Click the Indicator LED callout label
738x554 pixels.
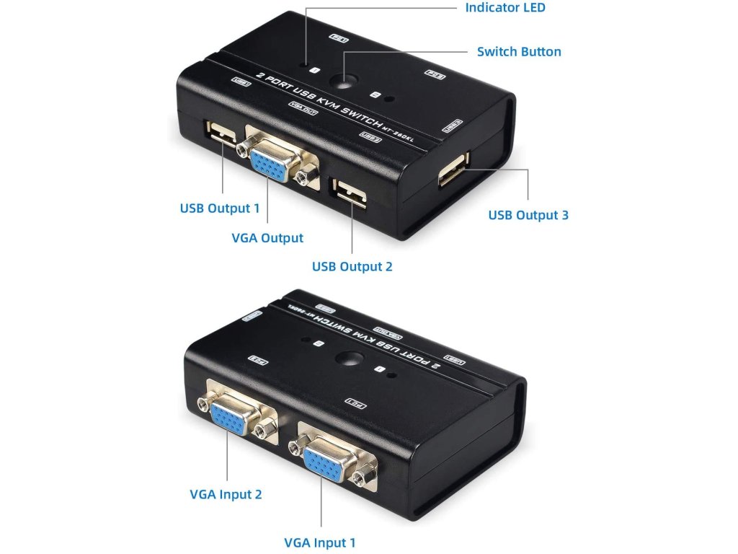pos(504,8)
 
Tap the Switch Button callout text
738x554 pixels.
pos(519,52)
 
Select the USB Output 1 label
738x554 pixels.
pos(219,208)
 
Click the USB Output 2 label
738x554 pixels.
pos(352,267)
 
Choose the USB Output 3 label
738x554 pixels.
pos(528,215)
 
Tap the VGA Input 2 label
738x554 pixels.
pos(226,494)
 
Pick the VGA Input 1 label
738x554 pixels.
pos(319,542)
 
